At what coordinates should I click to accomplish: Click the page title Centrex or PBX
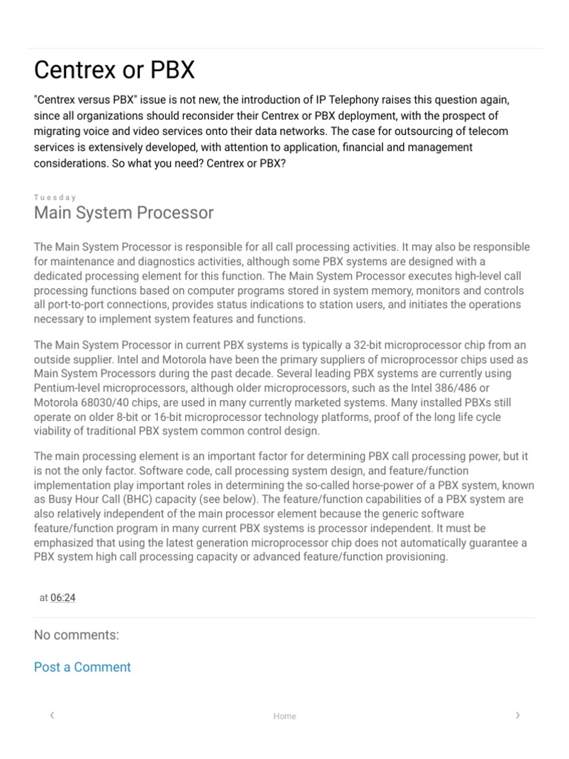click(x=115, y=70)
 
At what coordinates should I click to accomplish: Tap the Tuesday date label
click(x=55, y=197)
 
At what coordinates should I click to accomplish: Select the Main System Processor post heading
click(x=124, y=213)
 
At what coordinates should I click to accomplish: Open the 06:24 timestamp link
click(x=63, y=597)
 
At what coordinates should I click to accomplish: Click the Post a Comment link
click(x=82, y=667)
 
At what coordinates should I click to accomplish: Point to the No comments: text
click(x=76, y=635)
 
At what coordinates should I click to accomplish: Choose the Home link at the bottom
click(x=284, y=716)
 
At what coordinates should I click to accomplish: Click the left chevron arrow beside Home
click(x=52, y=715)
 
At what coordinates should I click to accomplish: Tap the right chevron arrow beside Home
click(x=517, y=715)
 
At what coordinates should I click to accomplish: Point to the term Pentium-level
click(x=68, y=388)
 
